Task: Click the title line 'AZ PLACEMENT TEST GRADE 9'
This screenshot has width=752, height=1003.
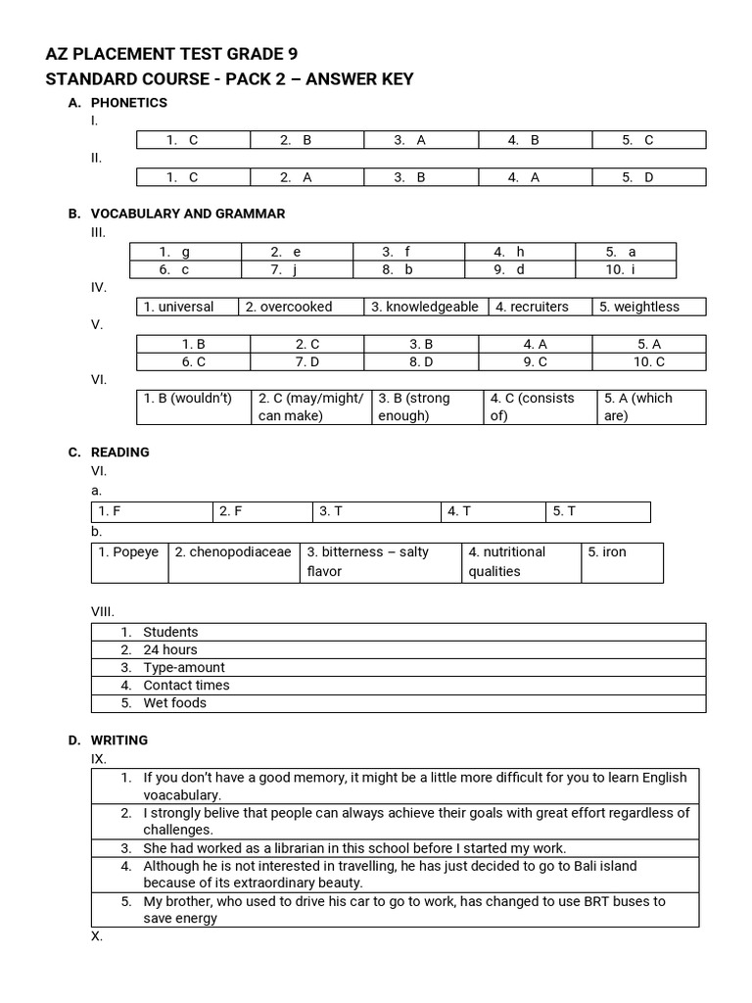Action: click(x=171, y=54)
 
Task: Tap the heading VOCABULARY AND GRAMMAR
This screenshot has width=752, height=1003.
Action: click(x=188, y=214)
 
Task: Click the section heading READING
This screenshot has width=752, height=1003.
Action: click(x=119, y=453)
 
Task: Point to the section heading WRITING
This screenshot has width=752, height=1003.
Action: click(x=119, y=740)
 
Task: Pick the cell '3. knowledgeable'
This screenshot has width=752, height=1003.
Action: click(x=425, y=307)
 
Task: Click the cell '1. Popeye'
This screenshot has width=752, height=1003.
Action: click(x=128, y=552)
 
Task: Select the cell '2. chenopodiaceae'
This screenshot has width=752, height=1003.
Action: click(x=233, y=552)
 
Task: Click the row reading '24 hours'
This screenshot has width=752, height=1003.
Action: click(x=170, y=649)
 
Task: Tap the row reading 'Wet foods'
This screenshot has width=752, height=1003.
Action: click(x=175, y=703)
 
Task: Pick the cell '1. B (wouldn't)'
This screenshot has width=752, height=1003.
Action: click(x=188, y=399)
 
